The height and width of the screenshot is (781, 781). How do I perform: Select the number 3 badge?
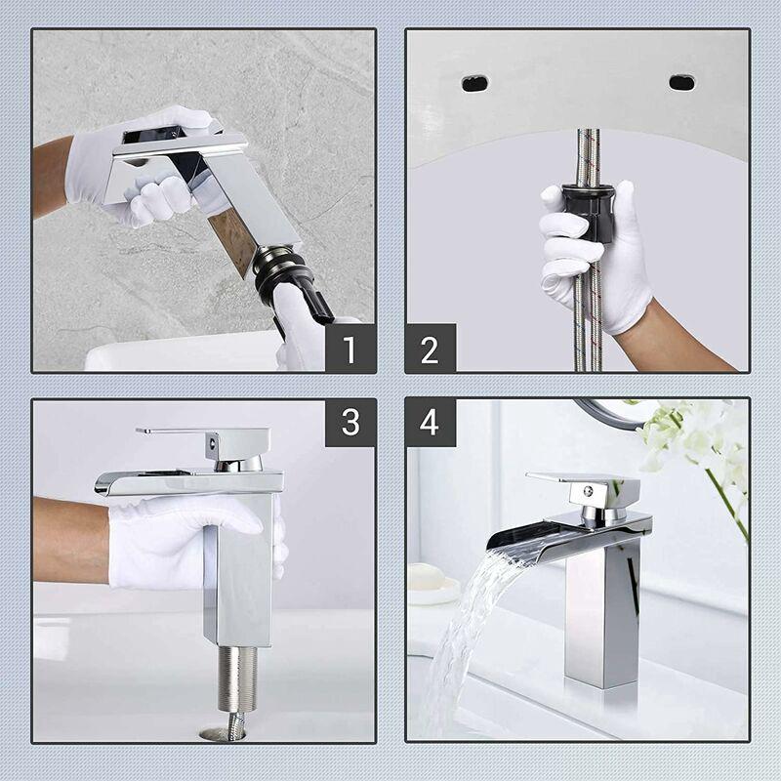point(349,422)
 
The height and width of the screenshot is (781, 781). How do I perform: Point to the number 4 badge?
point(431,422)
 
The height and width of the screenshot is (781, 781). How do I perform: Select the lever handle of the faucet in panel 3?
point(185,432)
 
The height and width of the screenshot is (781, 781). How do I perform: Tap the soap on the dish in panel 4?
point(431,578)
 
